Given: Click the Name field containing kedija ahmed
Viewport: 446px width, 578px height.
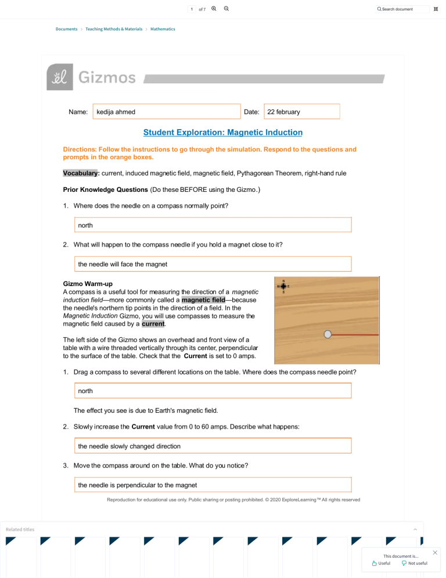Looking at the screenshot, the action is (166, 112).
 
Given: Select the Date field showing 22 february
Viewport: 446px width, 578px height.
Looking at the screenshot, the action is (301, 112).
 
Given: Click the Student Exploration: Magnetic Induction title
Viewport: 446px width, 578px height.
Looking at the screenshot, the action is (223, 133).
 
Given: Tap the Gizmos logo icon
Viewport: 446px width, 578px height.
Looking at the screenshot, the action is (60, 77).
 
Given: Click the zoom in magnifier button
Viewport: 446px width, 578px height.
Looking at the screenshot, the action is (214, 9).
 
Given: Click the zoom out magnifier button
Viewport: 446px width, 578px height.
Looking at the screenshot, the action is (226, 9).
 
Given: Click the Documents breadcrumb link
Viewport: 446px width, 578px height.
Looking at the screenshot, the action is (66, 29).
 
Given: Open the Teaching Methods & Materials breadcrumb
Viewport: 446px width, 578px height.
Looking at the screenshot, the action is (114, 29).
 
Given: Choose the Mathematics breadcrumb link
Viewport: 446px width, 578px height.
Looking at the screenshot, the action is (163, 29).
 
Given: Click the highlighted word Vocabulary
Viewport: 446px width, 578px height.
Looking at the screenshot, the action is (81, 173).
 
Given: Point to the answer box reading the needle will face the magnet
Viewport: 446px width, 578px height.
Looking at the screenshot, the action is (213, 264).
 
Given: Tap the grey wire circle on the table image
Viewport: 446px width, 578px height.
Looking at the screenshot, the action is (328, 334).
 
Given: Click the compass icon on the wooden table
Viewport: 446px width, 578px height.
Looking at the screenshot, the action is (283, 286).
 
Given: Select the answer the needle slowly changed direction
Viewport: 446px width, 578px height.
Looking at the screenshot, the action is (213, 446).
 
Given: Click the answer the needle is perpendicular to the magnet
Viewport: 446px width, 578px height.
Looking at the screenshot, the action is (213, 485).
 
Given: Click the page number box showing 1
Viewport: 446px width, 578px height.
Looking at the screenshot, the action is (191, 9).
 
